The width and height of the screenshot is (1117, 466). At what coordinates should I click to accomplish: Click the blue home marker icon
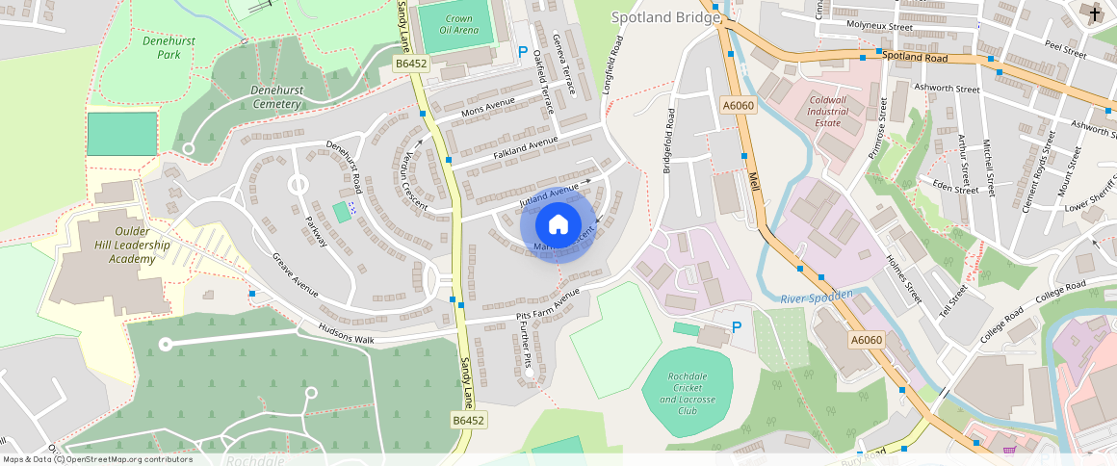click(x=558, y=225)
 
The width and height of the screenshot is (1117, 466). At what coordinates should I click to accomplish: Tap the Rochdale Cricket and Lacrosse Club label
click(x=688, y=393)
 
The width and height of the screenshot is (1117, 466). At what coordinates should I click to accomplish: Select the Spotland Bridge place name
click(x=664, y=17)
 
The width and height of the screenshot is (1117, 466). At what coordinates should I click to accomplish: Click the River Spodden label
click(x=818, y=298)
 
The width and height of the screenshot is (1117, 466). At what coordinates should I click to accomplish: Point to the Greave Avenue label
click(x=294, y=275)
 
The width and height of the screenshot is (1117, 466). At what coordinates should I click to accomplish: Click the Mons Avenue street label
click(x=488, y=109)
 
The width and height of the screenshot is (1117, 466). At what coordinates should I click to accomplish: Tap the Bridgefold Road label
click(x=667, y=142)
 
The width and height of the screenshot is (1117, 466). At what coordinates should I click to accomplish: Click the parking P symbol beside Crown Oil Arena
click(x=524, y=52)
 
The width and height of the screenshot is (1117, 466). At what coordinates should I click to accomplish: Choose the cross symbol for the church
click(x=1096, y=13)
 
